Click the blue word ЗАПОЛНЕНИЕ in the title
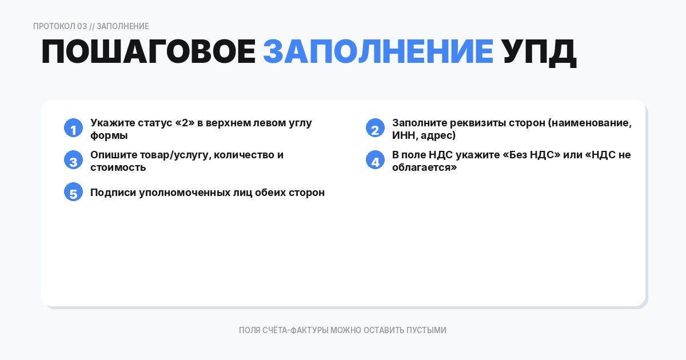378,53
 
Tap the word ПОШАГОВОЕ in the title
148,53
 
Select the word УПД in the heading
539,53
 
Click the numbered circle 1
73,129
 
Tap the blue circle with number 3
73,161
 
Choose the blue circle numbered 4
375,161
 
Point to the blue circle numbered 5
73,193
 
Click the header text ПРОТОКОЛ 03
60,26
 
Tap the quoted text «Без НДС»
531,155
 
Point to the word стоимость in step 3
118,167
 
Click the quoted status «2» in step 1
185,123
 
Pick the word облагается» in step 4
425,167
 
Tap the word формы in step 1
109,135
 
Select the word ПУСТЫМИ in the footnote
426,330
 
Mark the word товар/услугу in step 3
169,155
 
